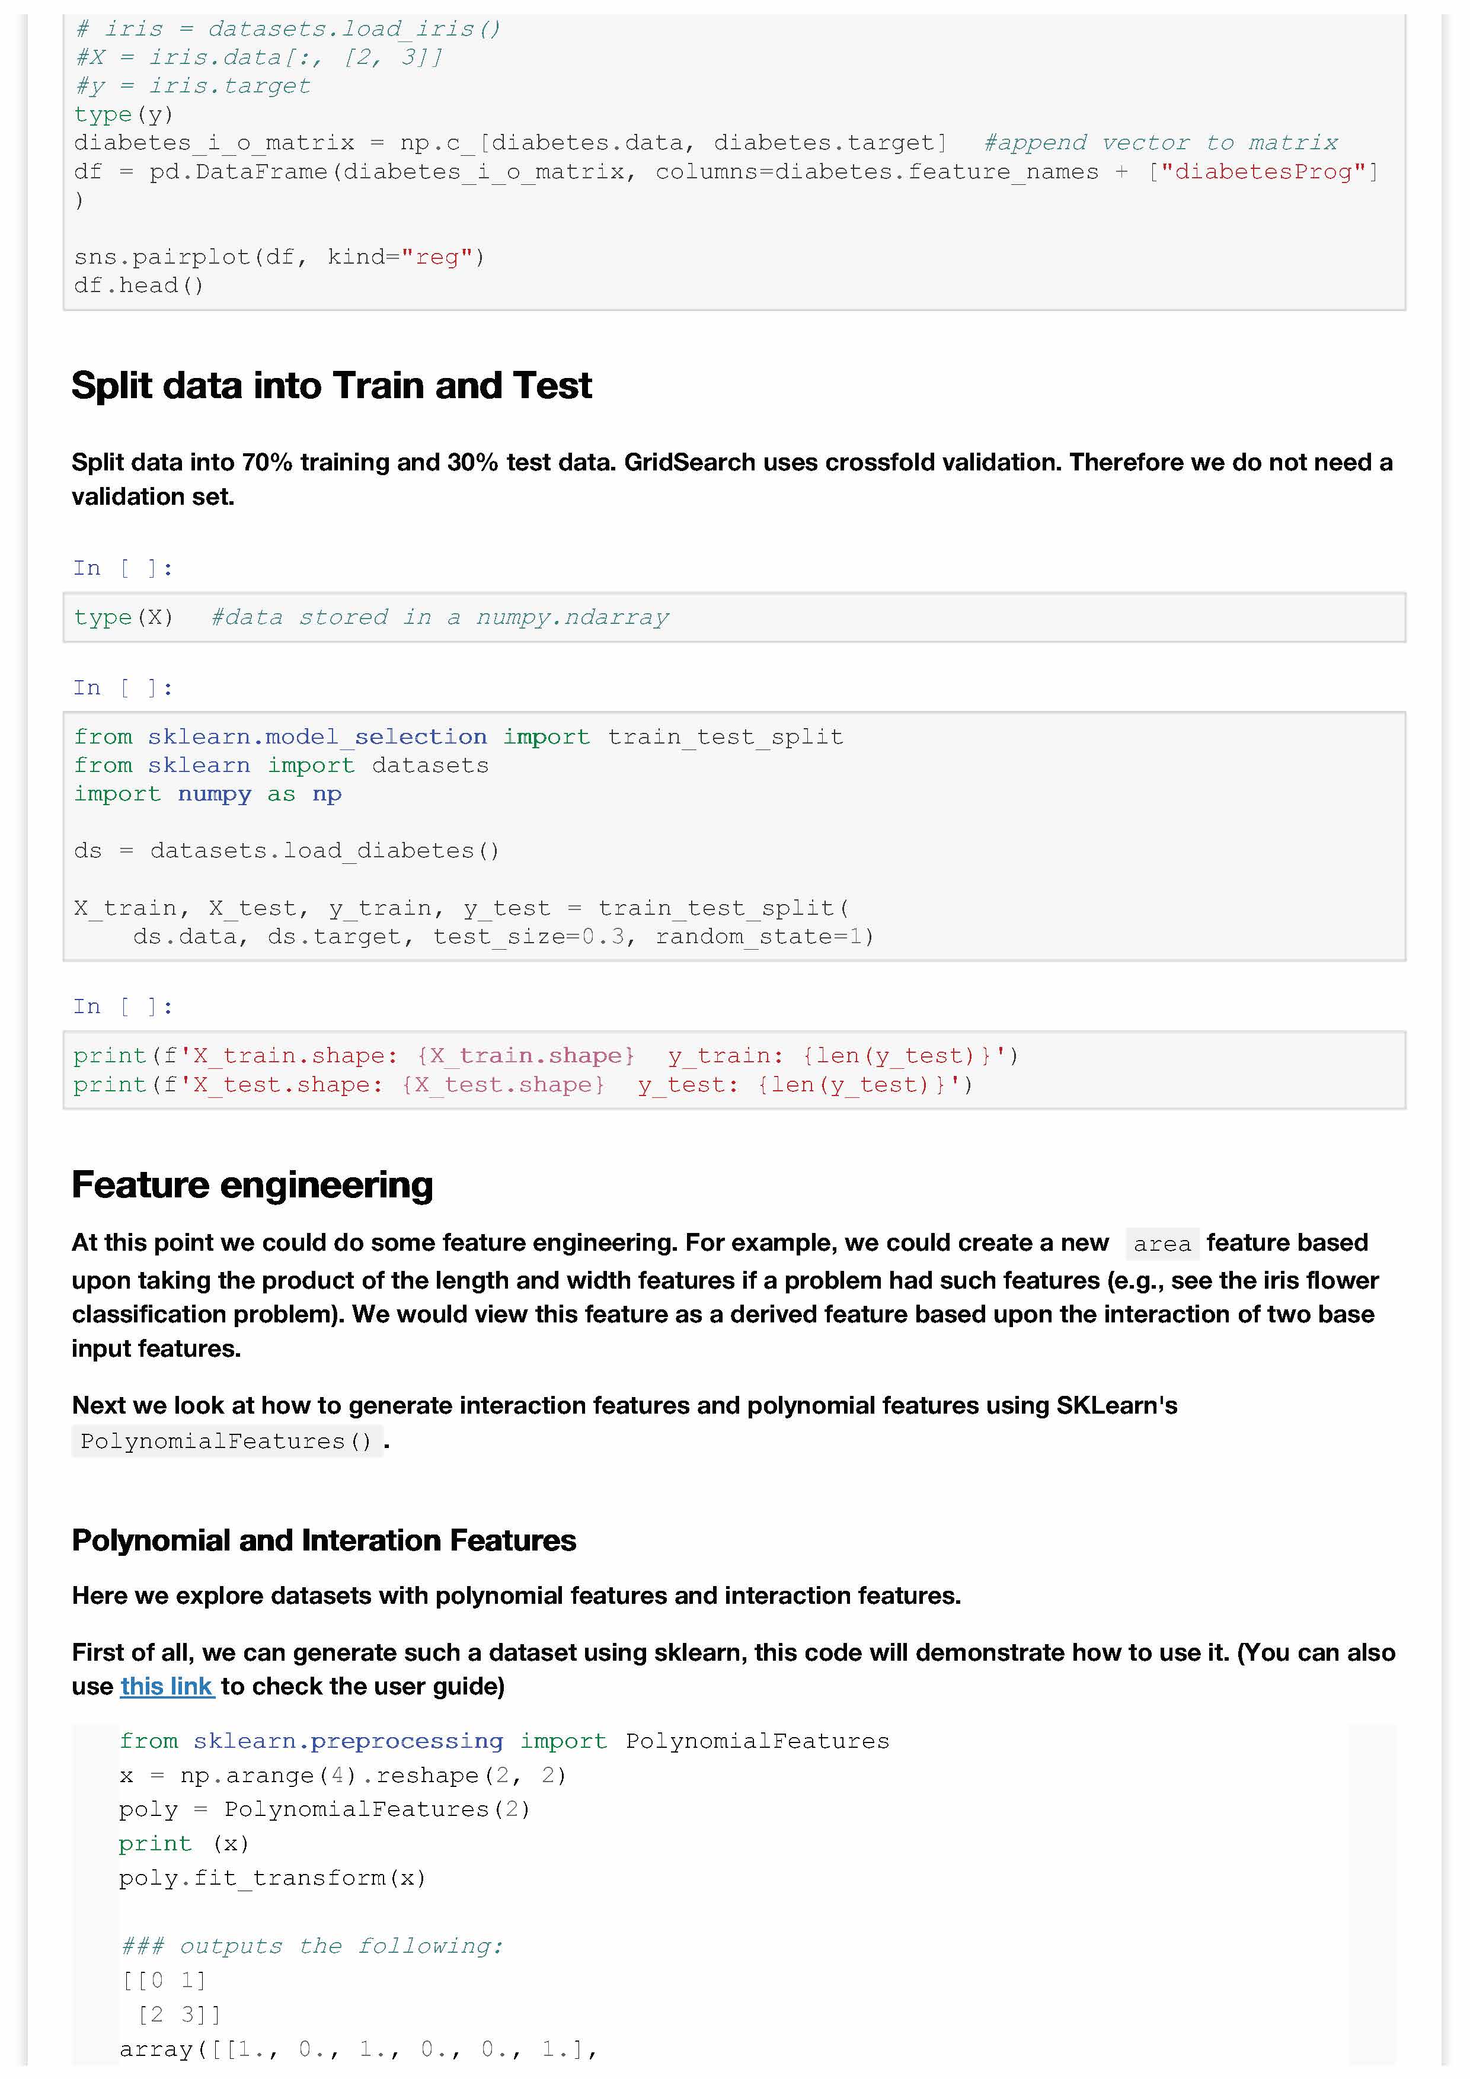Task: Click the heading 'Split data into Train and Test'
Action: point(331,386)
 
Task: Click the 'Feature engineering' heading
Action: point(253,1186)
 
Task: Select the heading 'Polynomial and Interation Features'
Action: point(324,1540)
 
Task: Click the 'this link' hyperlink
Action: point(168,1686)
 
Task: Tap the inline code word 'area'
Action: point(1162,1244)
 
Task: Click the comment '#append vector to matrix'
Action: point(1161,143)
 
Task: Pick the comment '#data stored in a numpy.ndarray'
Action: point(440,617)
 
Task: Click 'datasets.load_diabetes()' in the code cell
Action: point(324,851)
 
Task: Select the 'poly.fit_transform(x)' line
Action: point(271,1878)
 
